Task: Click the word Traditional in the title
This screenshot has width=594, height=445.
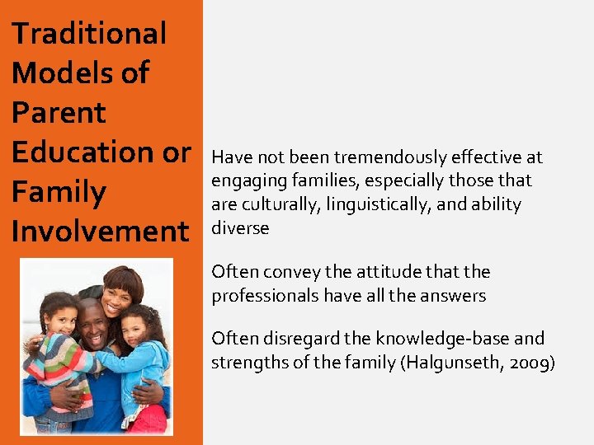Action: click(89, 34)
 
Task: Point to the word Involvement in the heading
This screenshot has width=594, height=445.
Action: click(100, 232)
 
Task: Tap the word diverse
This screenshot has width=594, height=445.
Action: click(240, 227)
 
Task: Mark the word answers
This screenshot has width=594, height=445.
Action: click(455, 295)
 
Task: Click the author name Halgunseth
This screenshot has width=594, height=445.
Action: click(450, 362)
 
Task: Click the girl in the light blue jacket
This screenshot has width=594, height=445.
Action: click(140, 354)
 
